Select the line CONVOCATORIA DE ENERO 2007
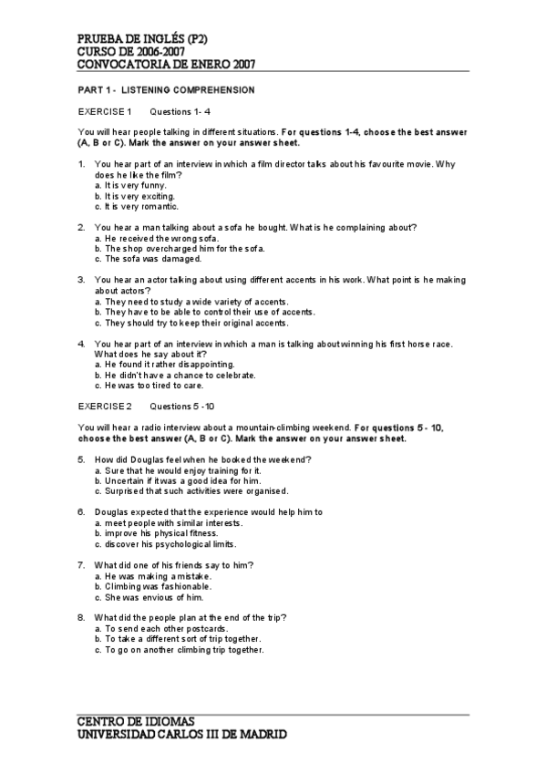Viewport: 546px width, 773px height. (166, 65)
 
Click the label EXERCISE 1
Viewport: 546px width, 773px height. (105, 111)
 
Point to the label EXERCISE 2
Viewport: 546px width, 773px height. (105, 405)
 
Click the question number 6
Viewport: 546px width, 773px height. (82, 512)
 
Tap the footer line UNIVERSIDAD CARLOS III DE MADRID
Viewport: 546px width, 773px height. (181, 734)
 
